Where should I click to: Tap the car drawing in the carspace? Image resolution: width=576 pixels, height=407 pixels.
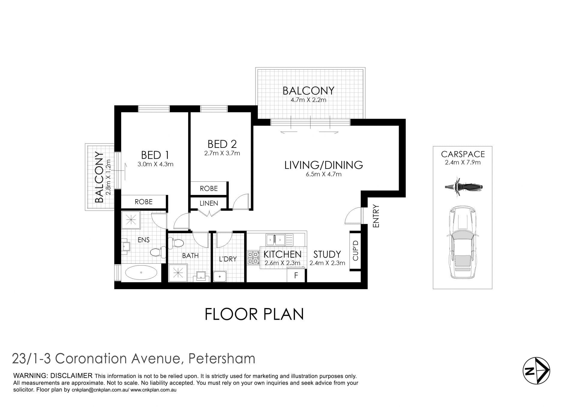click(x=462, y=242)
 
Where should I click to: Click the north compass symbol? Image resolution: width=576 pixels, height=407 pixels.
click(x=536, y=371)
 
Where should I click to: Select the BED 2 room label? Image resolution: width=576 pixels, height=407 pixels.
click(x=222, y=144)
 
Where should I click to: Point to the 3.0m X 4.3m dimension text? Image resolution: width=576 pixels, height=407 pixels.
click(x=155, y=164)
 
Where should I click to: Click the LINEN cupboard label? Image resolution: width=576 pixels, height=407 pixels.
click(x=209, y=203)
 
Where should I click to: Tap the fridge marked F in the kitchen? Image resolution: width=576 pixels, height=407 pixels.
click(x=296, y=275)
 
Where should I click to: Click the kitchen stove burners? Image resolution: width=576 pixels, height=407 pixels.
click(x=253, y=258)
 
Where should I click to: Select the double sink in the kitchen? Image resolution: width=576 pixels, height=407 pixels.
click(x=275, y=240)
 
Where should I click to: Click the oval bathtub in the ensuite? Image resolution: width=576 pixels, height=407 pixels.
click(x=141, y=273)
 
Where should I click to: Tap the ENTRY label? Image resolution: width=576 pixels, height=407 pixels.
click(x=376, y=216)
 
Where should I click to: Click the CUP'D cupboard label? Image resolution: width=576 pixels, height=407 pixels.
click(x=355, y=250)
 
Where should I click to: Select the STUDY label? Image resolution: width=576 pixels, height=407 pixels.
click(x=327, y=255)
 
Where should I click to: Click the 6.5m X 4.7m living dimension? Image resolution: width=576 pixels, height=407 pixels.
click(x=324, y=174)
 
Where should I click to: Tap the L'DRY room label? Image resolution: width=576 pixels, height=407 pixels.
click(x=228, y=259)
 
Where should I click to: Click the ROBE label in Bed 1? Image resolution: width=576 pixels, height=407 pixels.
click(x=143, y=202)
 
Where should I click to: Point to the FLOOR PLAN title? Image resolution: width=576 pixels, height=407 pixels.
click(x=254, y=314)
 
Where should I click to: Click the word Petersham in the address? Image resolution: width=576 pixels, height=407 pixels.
click(x=222, y=359)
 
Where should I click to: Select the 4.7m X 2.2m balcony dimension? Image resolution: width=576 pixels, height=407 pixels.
click(x=308, y=100)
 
